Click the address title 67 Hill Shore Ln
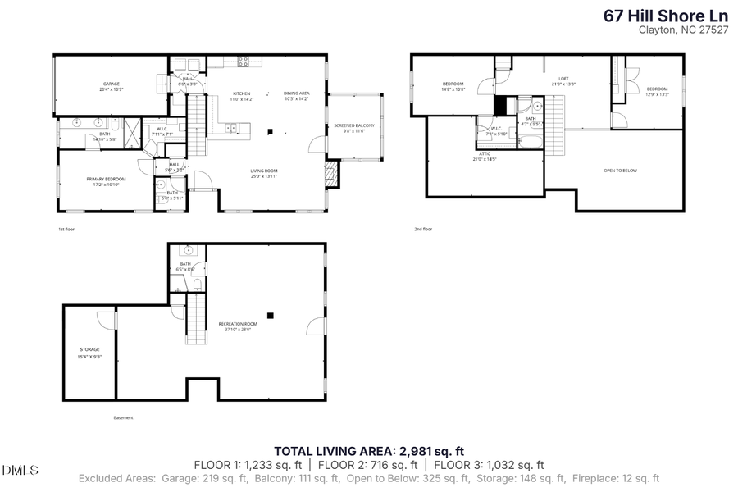pyautogui.click(x=664, y=15)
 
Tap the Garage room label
pyautogui.click(x=112, y=85)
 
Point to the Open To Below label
pyautogui.click(x=620, y=171)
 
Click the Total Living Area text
pyautogui.click(x=369, y=450)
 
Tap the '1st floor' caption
pyautogui.click(x=66, y=229)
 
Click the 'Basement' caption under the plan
pyautogui.click(x=123, y=417)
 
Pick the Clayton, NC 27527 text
pyautogui.click(x=683, y=30)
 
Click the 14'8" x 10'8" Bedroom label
pyautogui.click(x=453, y=85)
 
